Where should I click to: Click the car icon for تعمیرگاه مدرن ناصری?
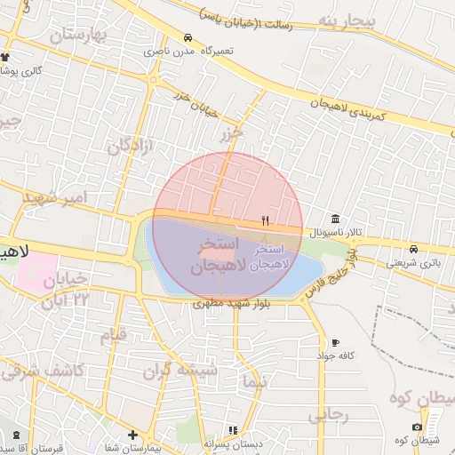188,38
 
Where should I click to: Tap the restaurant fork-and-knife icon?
265,220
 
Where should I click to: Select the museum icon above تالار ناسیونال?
334,219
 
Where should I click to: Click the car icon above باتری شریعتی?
414,248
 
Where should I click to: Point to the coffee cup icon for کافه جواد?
335,342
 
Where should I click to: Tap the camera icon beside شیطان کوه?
418,427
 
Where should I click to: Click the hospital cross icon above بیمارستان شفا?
132,435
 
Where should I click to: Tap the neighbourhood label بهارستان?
77,36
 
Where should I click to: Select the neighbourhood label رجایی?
328,415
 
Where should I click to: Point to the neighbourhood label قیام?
112,337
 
